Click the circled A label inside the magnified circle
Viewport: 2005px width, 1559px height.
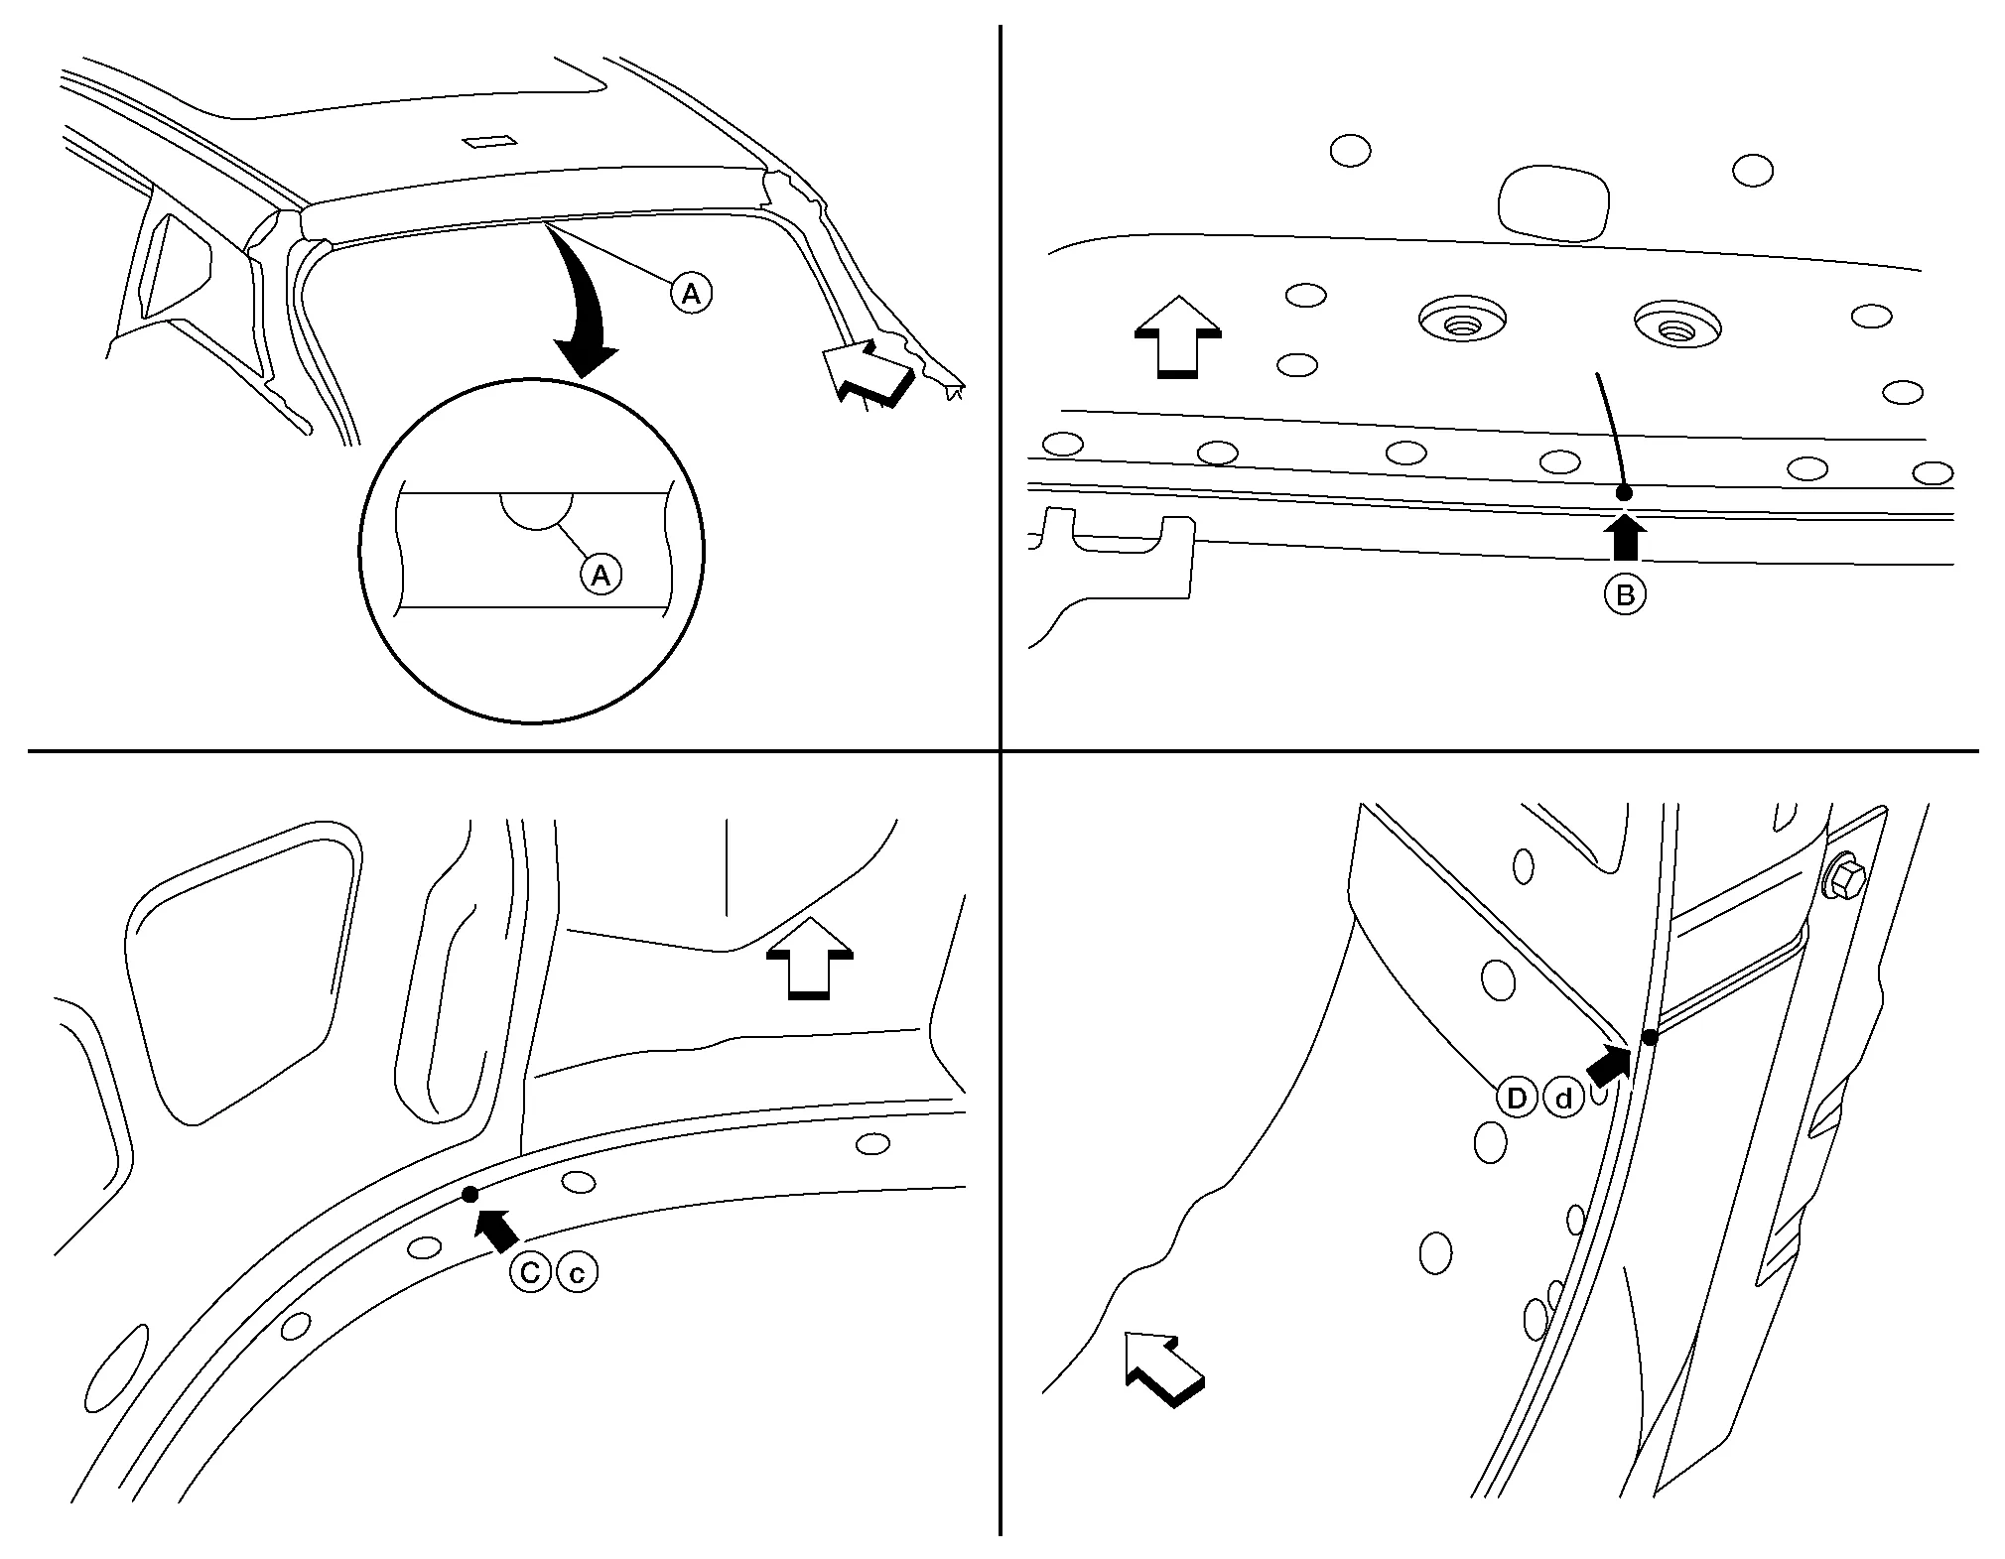pos(601,575)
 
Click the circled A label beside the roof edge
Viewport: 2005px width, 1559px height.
pos(691,293)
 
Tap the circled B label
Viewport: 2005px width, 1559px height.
pos(1625,594)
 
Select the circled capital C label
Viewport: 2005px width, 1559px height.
pos(530,1272)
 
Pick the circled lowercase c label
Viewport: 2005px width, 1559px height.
pos(577,1272)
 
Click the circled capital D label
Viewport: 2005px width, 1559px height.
pos(1516,1099)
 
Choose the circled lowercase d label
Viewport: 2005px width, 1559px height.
pos(1563,1099)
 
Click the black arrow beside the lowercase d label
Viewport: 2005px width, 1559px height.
pos(1608,1068)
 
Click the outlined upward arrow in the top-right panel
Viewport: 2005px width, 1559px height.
pos(1177,336)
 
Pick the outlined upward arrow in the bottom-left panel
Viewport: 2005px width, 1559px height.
pos(810,957)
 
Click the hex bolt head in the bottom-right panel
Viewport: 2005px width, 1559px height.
pos(1845,877)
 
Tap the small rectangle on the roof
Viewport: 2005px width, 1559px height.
pos(487,141)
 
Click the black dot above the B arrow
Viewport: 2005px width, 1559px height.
pos(1624,492)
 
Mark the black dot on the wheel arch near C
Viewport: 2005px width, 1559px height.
pos(470,1194)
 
